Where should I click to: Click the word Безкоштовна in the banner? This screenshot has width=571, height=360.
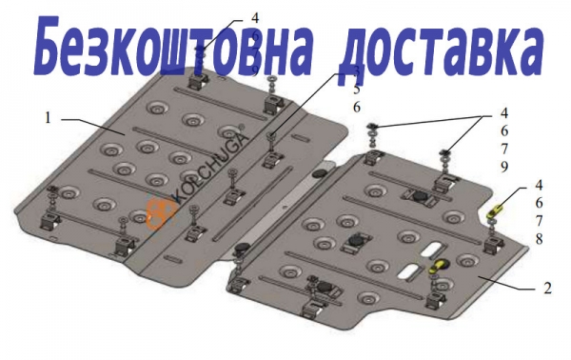[174, 45]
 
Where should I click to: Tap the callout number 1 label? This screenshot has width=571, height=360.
[49, 118]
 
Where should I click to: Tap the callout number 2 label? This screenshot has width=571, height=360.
[547, 288]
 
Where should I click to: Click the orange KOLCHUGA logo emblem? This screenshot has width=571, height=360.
[160, 215]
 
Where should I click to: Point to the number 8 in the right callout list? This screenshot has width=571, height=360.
[539, 239]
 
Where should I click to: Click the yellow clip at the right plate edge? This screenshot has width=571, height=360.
[496, 211]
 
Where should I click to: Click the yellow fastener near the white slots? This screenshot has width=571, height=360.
[439, 266]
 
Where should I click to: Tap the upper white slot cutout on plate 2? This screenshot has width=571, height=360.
[432, 250]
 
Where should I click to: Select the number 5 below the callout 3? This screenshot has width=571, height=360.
[356, 89]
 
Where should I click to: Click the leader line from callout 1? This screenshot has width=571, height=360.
[93, 127]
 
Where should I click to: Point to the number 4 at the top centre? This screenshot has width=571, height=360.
[255, 18]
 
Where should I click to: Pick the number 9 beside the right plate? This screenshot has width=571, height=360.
[504, 167]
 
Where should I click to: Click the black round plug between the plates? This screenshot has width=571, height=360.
[320, 173]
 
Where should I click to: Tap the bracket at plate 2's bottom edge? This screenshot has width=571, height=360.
[312, 309]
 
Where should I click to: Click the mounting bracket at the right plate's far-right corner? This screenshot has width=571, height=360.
[494, 245]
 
